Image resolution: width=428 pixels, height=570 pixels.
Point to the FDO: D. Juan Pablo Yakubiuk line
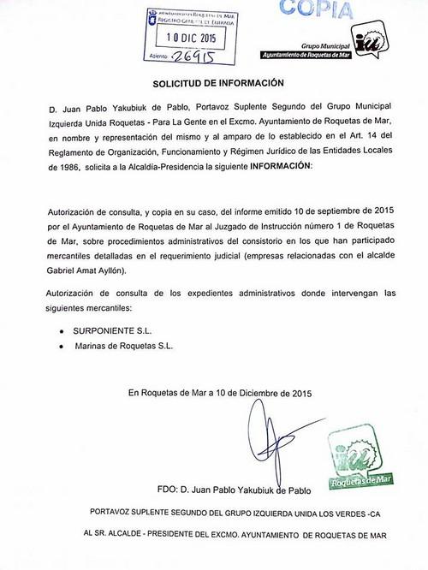(x=233, y=490)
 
